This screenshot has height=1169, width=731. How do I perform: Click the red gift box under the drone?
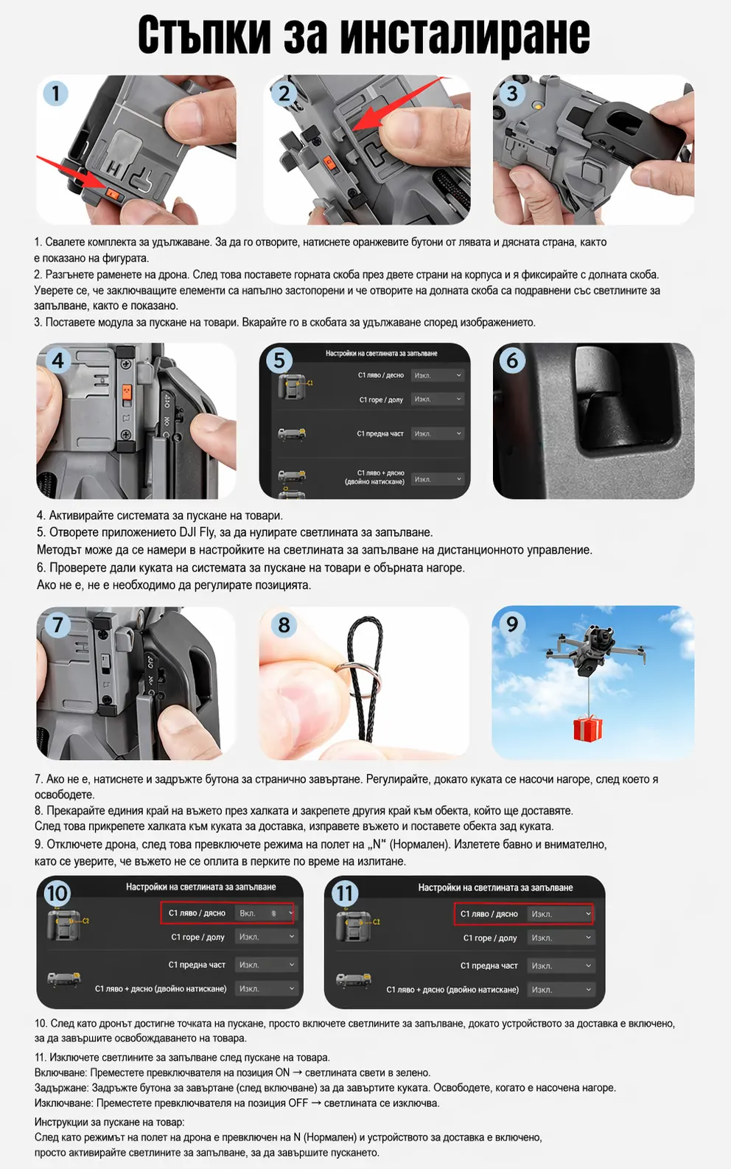point(587,727)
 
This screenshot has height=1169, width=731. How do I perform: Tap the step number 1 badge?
point(55,94)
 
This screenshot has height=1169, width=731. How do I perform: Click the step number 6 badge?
point(512,360)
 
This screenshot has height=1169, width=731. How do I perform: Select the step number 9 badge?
point(511,624)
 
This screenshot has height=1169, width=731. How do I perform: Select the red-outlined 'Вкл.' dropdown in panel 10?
point(266,913)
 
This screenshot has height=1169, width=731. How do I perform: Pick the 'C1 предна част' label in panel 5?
point(380,433)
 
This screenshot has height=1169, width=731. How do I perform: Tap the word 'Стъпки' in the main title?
point(204,35)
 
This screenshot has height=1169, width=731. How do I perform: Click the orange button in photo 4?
point(126,391)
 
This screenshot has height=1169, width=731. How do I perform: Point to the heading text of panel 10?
point(200,887)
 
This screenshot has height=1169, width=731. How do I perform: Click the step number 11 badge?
point(344,893)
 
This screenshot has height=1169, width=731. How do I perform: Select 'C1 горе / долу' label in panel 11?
point(489,938)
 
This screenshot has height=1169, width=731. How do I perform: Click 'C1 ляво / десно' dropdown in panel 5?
point(438,375)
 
